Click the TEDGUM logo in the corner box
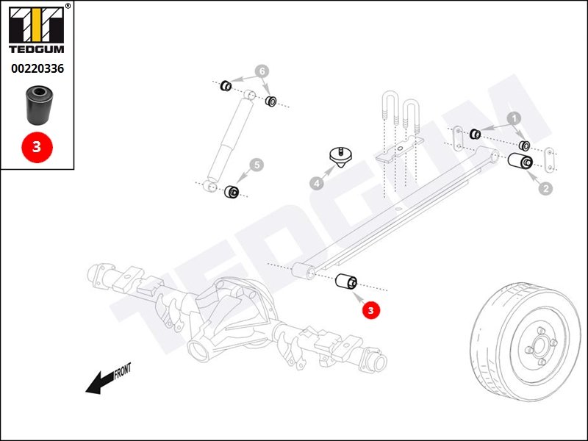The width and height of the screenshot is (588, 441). click(36, 30)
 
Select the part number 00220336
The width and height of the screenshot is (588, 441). click(37, 68)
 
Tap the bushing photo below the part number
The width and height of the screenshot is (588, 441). click(40, 105)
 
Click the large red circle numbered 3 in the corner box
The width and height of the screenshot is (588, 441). click(37, 147)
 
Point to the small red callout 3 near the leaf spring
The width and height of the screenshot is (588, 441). click(371, 310)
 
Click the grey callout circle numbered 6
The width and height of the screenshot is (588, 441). click(262, 71)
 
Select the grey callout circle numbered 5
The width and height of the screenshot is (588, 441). click(257, 165)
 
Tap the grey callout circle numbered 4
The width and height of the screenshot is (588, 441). click(317, 183)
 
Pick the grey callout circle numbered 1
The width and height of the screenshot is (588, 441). click(514, 118)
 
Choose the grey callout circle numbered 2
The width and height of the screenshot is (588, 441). click(545, 188)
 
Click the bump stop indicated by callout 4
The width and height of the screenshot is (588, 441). click(340, 157)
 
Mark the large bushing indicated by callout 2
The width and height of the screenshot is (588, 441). click(520, 161)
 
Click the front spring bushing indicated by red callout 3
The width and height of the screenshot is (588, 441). click(345, 282)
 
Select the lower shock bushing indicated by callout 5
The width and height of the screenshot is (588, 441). click(232, 192)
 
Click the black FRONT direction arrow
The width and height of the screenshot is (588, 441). click(100, 382)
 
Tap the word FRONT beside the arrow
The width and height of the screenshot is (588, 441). click(122, 371)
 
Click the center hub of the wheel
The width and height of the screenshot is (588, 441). click(540, 345)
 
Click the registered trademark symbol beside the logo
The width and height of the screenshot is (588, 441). click(68, 6)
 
